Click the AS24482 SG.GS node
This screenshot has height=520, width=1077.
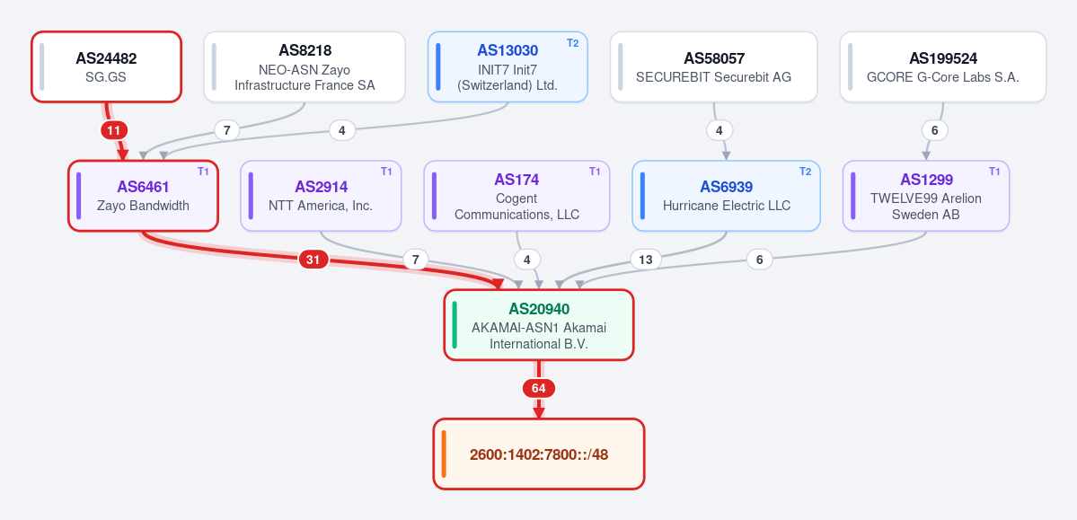[x=107, y=66]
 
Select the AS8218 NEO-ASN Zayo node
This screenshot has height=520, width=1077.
[x=305, y=66]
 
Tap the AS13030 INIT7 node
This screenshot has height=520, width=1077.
[x=508, y=66]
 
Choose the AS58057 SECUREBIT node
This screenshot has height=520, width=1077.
[x=713, y=66]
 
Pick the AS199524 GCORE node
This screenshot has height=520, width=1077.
[x=943, y=66]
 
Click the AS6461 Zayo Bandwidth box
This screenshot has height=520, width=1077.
[x=143, y=196]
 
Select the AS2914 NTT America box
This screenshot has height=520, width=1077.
[x=321, y=196]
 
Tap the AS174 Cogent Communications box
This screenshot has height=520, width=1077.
[x=516, y=196]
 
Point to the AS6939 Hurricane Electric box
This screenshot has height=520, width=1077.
[x=726, y=196]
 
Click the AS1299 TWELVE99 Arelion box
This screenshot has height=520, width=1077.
[x=926, y=196]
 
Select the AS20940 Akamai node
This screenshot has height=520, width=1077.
[x=539, y=325]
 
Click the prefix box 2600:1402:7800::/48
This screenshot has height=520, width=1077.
[x=539, y=454]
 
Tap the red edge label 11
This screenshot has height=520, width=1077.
[x=114, y=130]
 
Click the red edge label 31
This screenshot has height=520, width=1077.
[x=313, y=259]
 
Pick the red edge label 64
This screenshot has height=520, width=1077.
[x=539, y=388]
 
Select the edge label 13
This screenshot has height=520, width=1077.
[x=646, y=259]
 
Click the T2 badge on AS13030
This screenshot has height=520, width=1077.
[x=573, y=42]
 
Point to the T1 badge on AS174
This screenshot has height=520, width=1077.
[x=595, y=172]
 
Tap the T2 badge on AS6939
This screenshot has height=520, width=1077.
[x=805, y=172]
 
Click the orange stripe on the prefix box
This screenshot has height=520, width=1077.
[x=444, y=454]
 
